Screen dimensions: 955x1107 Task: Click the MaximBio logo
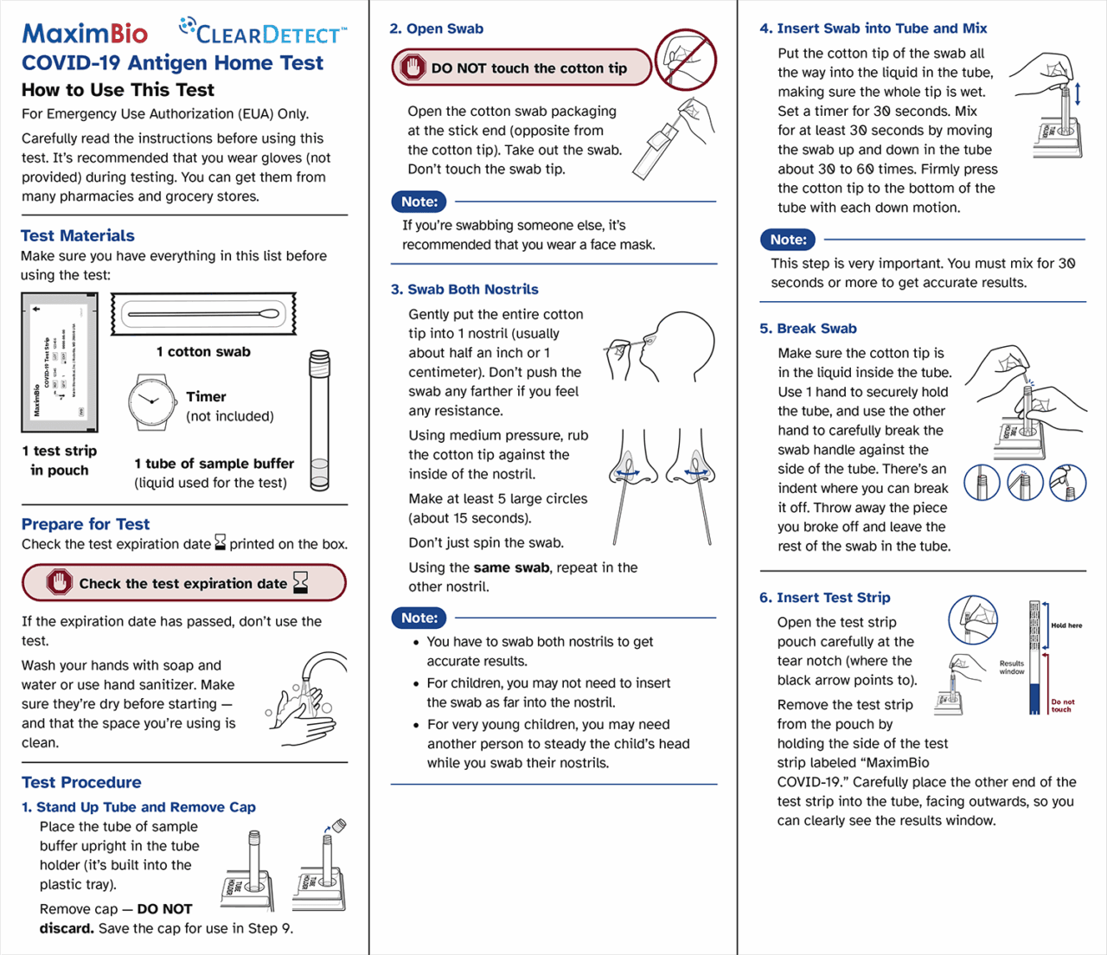point(85,34)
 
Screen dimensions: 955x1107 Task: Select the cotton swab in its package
point(203,314)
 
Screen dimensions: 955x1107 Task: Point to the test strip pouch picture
point(59,362)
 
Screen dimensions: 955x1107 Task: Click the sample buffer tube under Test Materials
point(319,420)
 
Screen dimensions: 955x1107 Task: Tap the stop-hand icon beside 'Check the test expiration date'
point(59,583)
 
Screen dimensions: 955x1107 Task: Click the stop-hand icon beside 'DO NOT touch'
point(413,67)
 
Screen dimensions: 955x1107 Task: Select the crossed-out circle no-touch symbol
point(685,60)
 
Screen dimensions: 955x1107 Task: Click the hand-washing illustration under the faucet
point(307,698)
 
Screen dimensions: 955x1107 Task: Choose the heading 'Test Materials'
point(78,235)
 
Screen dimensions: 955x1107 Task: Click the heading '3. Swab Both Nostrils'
point(464,289)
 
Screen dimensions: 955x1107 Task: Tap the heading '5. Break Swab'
point(808,329)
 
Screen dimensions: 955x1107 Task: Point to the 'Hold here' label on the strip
point(1066,625)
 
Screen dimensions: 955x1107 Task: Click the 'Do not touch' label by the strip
point(1063,706)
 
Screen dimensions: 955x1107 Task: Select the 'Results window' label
point(1012,667)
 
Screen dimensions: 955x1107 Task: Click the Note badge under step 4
point(788,240)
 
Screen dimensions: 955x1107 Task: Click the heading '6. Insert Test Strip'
point(824,598)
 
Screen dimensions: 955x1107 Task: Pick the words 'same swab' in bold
point(511,567)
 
